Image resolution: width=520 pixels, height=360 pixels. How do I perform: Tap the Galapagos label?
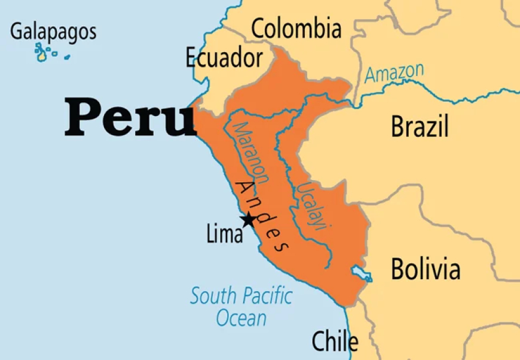(53, 31)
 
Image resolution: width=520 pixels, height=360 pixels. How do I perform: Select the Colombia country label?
(296, 28)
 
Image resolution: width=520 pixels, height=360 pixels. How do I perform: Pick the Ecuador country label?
(224, 58)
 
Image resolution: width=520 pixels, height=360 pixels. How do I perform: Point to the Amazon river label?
(394, 73)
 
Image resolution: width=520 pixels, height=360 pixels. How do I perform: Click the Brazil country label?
(420, 127)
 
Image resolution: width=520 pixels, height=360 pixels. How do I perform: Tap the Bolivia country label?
(426, 269)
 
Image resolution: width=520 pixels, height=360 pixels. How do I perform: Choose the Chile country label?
(335, 341)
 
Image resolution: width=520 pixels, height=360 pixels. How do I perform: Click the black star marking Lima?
(247, 219)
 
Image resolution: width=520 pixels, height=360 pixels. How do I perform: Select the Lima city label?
(225, 234)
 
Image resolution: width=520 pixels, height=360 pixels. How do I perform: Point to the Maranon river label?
(252, 153)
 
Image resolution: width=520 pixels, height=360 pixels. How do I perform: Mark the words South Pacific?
(241, 296)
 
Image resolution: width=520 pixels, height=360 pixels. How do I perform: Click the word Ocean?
(241, 318)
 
